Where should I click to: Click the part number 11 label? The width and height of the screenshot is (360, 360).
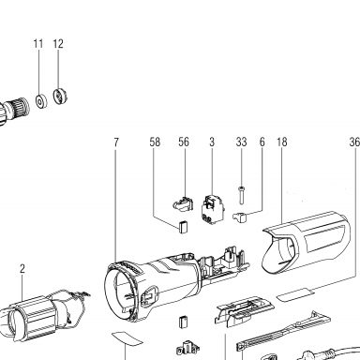tap(38, 44)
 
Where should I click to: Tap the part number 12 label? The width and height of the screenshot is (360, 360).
tap(58, 44)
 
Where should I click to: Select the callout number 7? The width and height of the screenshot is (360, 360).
tap(116, 142)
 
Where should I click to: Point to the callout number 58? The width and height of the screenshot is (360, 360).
tap(155, 142)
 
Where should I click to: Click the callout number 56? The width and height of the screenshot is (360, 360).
tap(184, 142)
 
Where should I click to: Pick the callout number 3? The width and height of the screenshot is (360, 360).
tap(212, 142)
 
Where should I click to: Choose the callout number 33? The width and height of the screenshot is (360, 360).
tap(241, 142)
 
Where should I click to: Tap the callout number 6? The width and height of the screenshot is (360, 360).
tap(262, 142)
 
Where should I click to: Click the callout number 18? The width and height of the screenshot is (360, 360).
tap(281, 142)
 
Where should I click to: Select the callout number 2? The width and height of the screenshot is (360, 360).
tap(22, 269)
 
